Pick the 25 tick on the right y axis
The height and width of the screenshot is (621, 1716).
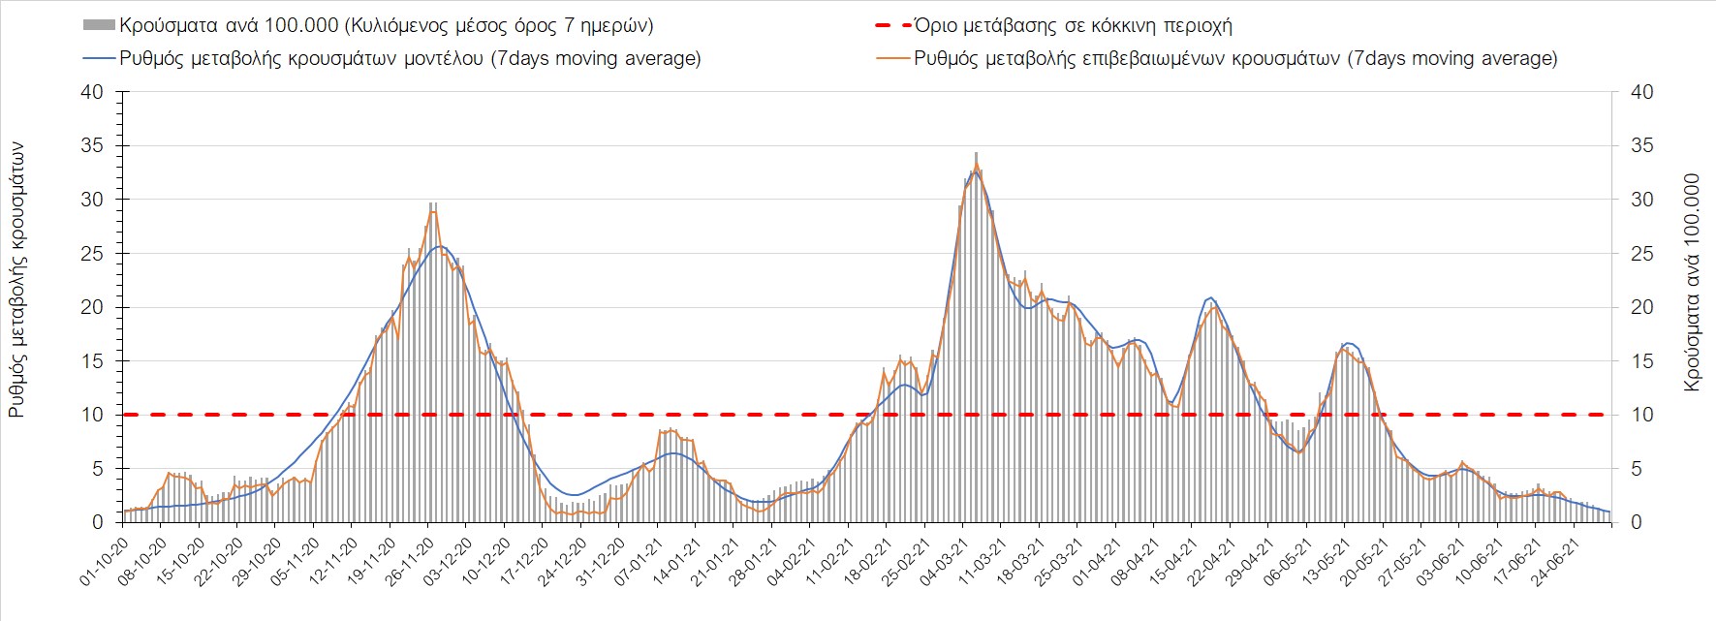1642,254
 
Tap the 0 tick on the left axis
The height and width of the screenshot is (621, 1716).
97,522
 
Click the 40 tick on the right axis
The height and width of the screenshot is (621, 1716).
1642,92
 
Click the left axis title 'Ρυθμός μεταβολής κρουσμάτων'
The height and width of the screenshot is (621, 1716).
17,281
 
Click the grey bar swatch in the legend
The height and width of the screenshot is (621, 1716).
99,26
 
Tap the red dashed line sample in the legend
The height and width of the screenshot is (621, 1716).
891,26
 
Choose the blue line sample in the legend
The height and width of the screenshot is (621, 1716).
99,58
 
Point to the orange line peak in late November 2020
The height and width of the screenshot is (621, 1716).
433,210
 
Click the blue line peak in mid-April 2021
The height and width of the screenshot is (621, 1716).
1211,297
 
